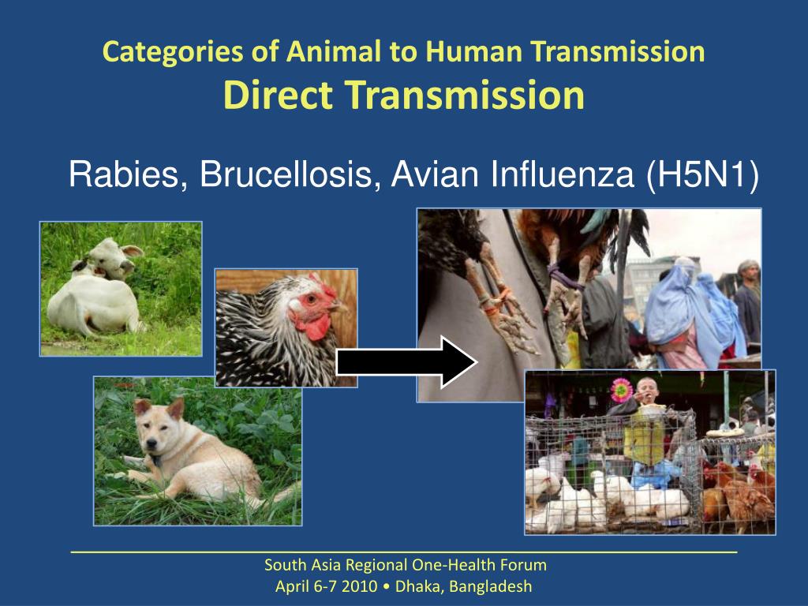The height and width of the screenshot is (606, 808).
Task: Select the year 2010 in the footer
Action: [359, 586]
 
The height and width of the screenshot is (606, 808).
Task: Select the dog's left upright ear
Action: [176, 408]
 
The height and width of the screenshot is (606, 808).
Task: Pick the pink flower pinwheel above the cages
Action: [621, 391]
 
